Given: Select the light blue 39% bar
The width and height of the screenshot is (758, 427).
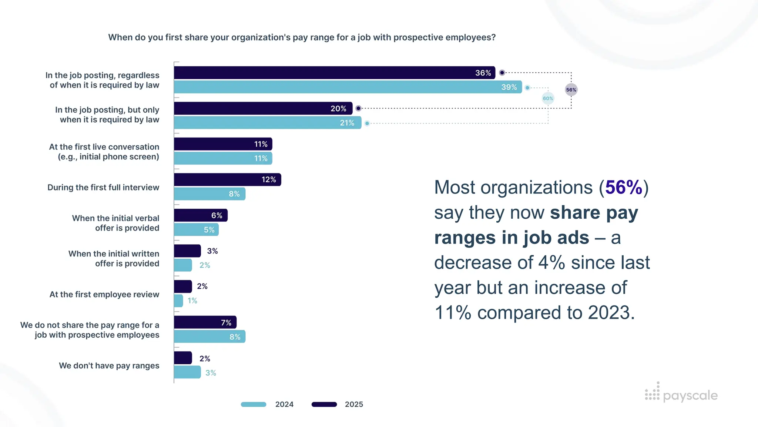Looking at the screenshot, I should [x=348, y=87].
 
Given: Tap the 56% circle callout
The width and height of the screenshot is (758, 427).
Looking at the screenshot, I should [x=571, y=90].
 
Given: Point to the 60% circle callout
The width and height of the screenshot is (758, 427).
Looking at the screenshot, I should [x=548, y=99].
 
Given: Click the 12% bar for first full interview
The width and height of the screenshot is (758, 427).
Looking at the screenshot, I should [x=227, y=180].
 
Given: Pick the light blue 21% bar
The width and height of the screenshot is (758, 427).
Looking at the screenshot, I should [x=267, y=123].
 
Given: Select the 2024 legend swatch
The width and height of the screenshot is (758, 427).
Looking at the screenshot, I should [x=254, y=404].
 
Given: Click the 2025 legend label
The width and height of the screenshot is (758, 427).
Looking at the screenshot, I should [x=354, y=404].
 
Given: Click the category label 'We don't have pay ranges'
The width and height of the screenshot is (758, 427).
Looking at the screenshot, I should [x=109, y=366].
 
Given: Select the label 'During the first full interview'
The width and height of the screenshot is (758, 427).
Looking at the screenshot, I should [x=103, y=188].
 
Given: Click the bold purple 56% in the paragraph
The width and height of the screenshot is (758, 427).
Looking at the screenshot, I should [x=624, y=188].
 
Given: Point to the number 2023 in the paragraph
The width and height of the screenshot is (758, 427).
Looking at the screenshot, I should [x=608, y=313].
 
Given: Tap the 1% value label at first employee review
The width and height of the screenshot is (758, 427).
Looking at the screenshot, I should [x=192, y=301].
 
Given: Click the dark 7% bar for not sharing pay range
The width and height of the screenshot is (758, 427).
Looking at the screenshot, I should [x=205, y=322].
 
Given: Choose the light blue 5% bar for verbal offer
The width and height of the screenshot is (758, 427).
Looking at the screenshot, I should [x=196, y=230].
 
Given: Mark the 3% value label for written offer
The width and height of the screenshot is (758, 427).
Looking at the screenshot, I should [x=212, y=251].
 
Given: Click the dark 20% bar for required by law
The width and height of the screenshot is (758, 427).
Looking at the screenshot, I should [x=263, y=109].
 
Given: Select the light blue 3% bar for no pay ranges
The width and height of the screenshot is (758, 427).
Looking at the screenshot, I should [x=187, y=373].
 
